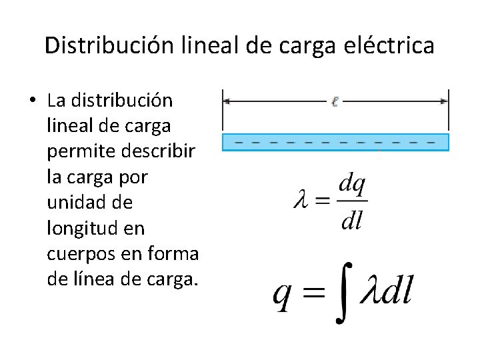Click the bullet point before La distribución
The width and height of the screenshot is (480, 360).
coord(33,101)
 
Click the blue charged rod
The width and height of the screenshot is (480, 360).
coord(335,142)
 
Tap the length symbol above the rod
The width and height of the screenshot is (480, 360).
coord(335,101)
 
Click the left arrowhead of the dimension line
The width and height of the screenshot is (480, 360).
coord(227,101)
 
